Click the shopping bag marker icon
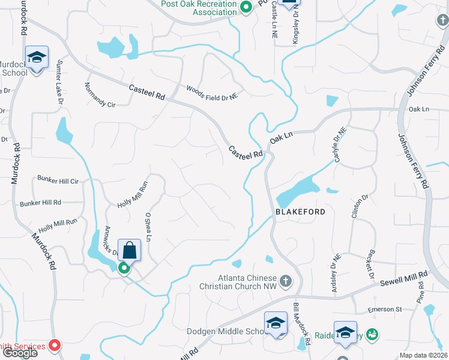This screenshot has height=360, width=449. [x=129, y=249]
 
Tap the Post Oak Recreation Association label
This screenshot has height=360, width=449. [x=199, y=8]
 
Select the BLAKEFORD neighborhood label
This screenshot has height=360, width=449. [x=300, y=212]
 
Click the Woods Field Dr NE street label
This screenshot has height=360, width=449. [x=212, y=92]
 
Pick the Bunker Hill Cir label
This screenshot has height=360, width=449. [x=58, y=181]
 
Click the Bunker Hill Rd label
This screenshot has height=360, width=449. [x=40, y=203]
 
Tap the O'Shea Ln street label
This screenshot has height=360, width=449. [x=148, y=226]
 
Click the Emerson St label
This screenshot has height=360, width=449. [x=385, y=310]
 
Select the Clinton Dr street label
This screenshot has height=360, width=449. [x=364, y=208]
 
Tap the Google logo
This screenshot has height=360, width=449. [x=19, y=353]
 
